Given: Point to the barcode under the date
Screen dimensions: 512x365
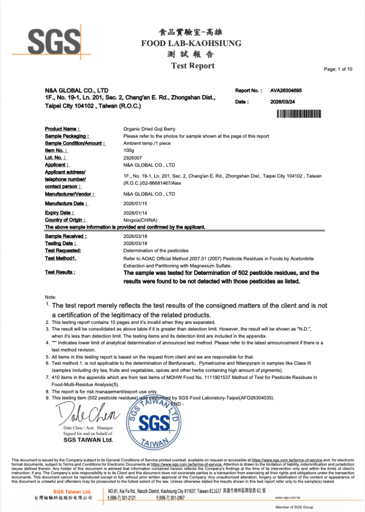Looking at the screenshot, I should point(298,114).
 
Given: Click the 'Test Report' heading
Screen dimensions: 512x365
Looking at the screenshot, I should point(193,65).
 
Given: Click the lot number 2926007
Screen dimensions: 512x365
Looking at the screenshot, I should point(132,157).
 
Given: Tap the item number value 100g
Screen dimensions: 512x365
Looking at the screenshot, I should point(129,150).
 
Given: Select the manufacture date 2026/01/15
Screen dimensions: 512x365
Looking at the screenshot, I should point(135,203).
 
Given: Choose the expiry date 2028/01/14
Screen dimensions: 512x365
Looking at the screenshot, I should point(135,212).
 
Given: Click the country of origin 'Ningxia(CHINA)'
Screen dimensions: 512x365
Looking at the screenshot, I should point(140,219).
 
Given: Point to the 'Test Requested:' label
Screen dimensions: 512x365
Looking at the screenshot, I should point(63,250).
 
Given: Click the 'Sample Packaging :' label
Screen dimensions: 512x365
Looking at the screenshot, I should point(67,136).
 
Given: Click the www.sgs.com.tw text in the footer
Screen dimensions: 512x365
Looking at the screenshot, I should point(287,497).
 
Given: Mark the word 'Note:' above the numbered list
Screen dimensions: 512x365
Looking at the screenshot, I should point(51,297).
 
